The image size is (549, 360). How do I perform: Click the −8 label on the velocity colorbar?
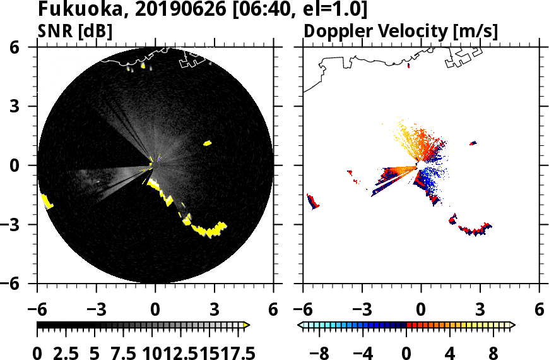(x=320, y=352)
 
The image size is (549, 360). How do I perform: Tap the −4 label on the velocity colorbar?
(x=363, y=352)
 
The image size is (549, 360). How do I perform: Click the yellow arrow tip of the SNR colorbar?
(x=247, y=325)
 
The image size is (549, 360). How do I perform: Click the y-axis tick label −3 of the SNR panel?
(x=23, y=225)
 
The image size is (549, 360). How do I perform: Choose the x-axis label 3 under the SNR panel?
(x=214, y=310)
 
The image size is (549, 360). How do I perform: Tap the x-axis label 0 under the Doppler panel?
(x=422, y=310)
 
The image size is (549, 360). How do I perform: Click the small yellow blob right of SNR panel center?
(x=207, y=143)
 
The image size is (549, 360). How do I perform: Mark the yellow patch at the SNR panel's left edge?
(x=47, y=201)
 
